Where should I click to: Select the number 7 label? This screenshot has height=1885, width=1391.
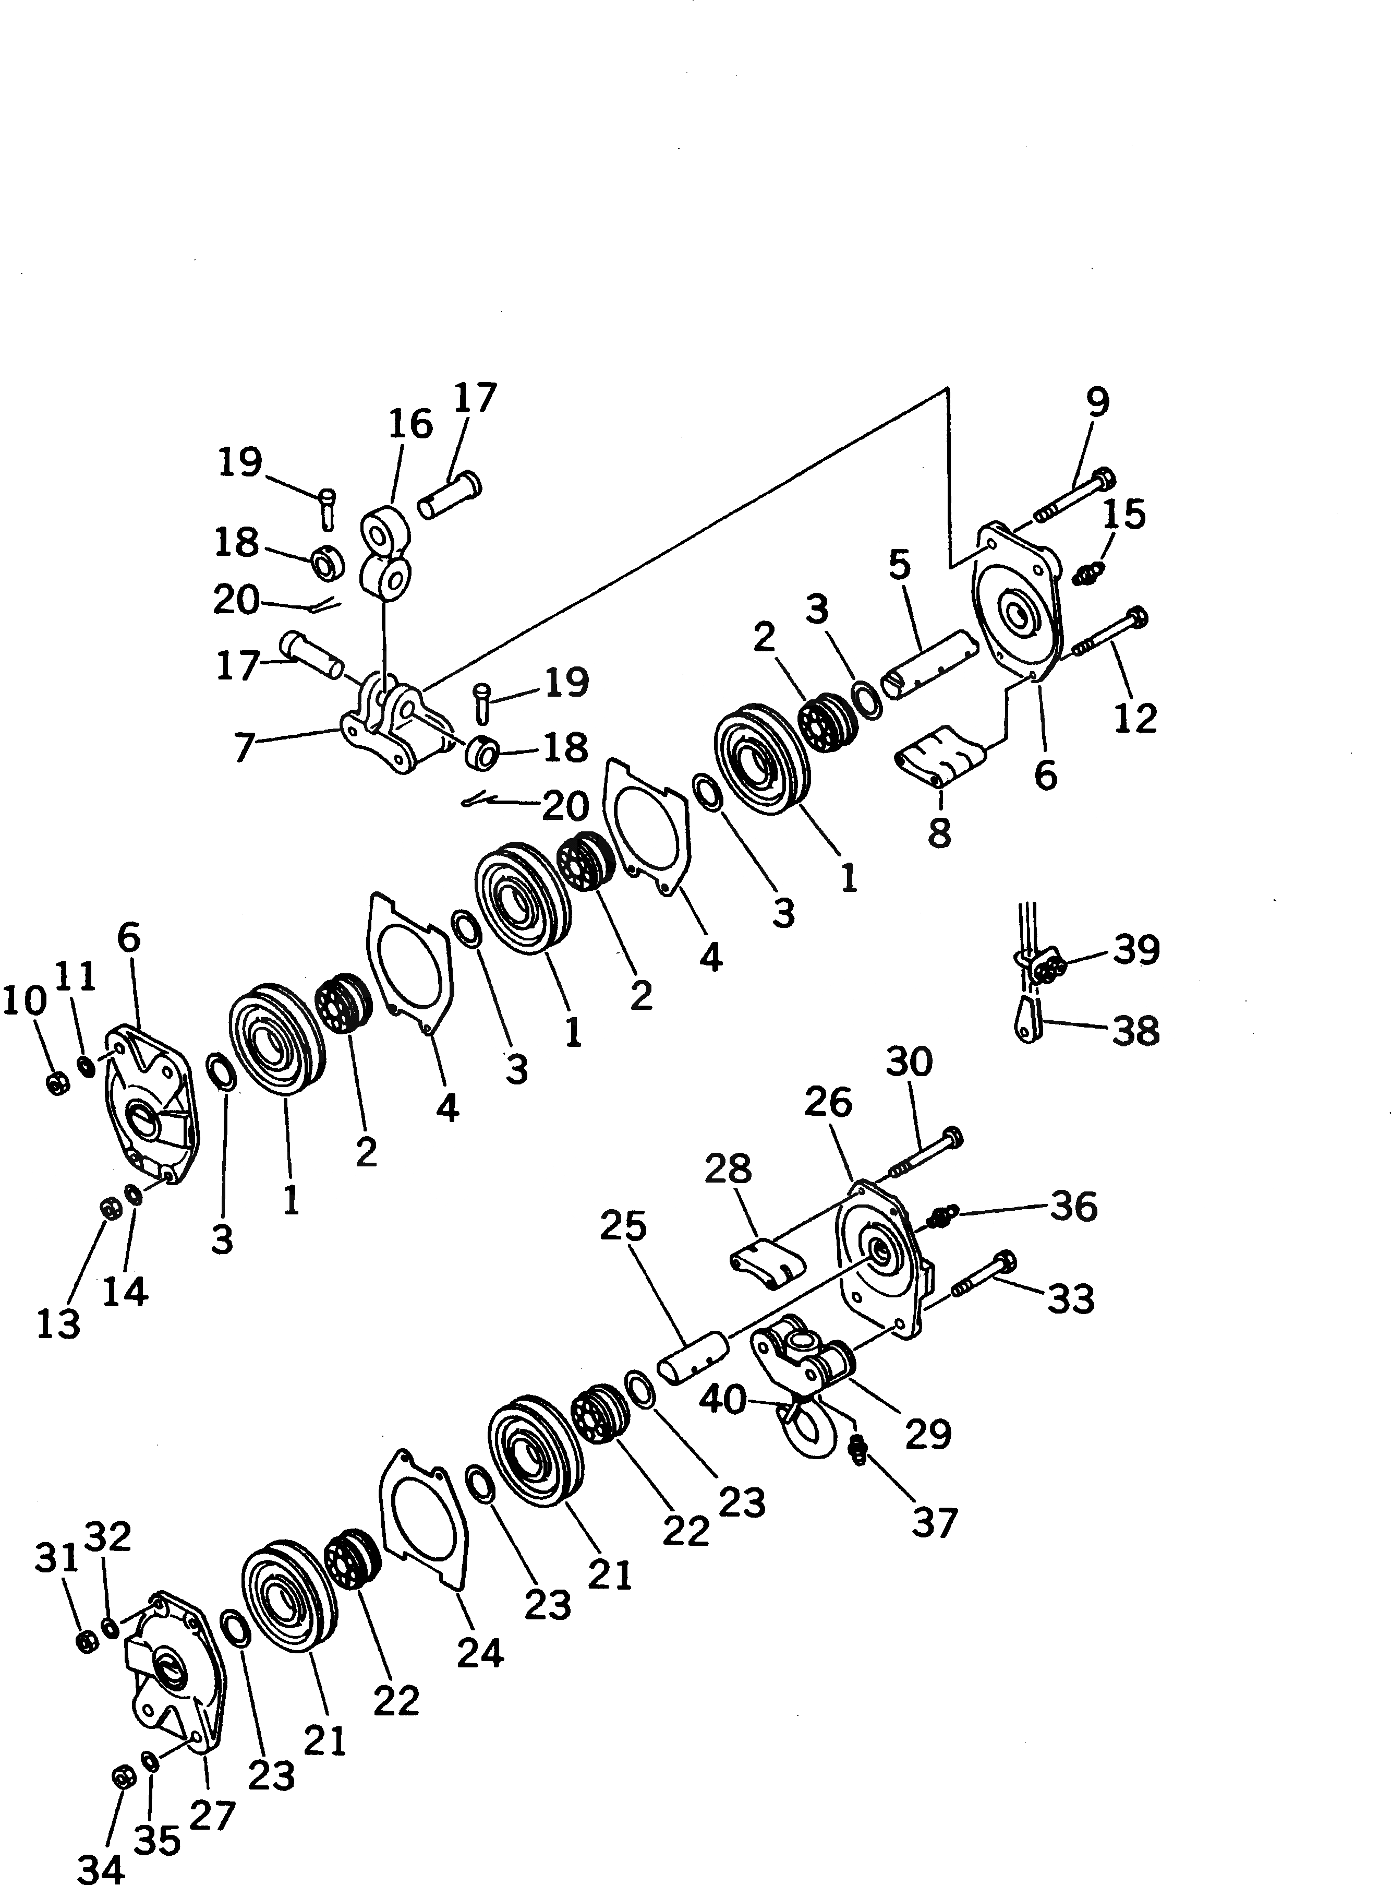[244, 746]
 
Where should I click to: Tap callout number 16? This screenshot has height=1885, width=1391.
[410, 424]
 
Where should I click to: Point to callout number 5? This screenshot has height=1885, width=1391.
[899, 565]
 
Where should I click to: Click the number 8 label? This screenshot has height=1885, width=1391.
[939, 832]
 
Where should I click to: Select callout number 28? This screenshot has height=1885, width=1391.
[728, 1168]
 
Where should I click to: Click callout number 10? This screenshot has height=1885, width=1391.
[23, 1001]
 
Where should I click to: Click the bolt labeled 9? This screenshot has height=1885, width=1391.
[1073, 494]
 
